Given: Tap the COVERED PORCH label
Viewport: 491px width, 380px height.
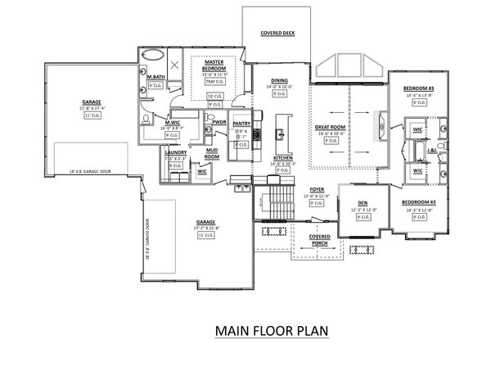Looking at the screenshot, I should [320, 239].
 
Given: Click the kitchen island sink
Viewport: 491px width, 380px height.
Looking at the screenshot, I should [280, 131].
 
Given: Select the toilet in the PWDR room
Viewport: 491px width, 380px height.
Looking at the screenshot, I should [214, 135].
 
